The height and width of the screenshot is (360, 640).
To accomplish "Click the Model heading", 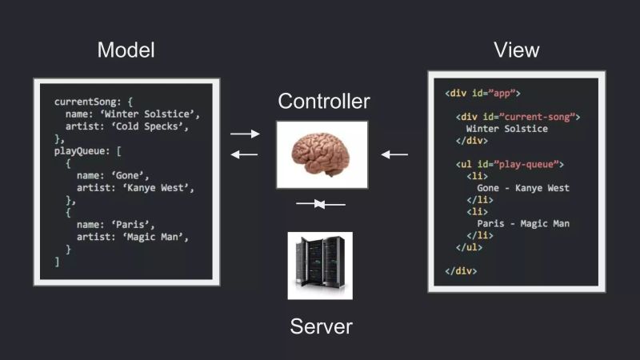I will tap(126, 50).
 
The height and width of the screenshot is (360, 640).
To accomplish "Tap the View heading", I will tap(516, 50).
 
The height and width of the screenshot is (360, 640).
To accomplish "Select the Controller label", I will tap(324, 102).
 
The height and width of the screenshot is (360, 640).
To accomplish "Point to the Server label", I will tap(321, 326).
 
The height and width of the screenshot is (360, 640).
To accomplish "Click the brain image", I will tap(322, 154).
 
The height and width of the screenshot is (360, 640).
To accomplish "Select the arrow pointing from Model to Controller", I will tap(245, 134).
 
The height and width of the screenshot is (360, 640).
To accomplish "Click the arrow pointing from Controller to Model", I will tap(245, 154).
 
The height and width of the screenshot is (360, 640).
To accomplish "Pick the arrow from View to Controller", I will tap(394, 154).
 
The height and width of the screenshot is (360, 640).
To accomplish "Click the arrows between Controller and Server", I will tap(320, 205).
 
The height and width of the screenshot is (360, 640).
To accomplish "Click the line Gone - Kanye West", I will tap(518, 188).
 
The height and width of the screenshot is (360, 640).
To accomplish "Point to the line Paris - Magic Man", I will tap(523, 224).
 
